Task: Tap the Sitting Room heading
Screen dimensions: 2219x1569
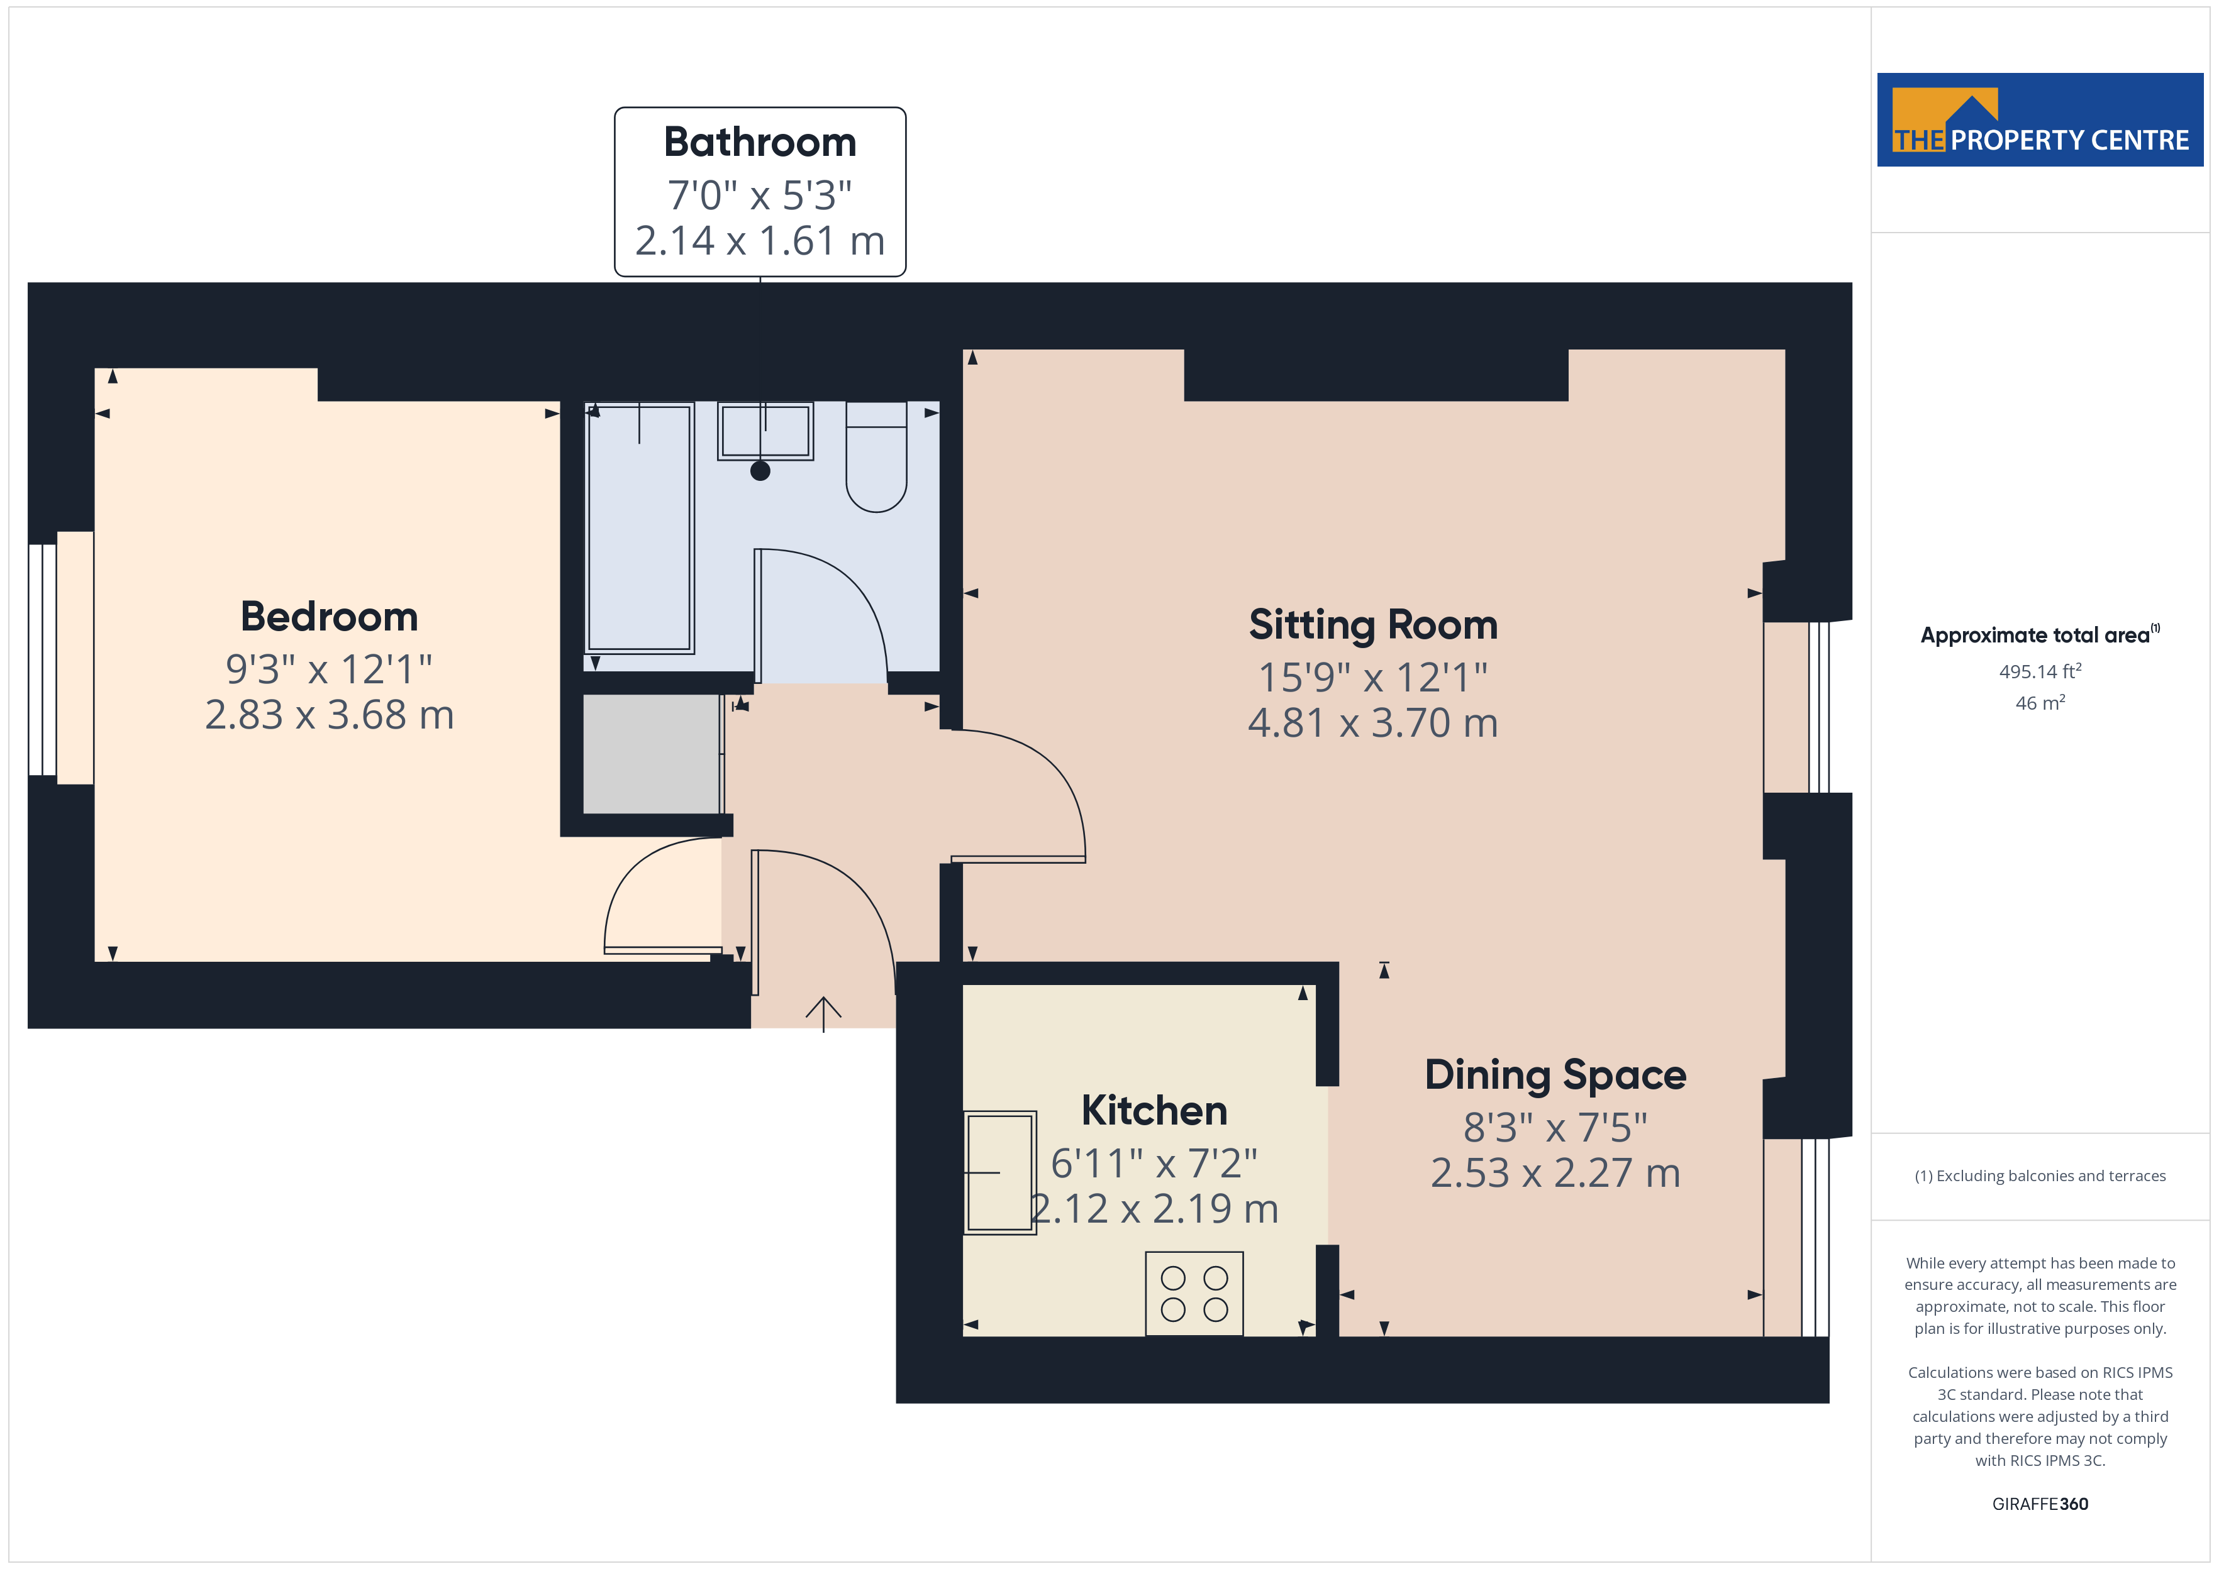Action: pyautogui.click(x=1372, y=625)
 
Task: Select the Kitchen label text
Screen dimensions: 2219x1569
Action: pyautogui.click(x=1154, y=1111)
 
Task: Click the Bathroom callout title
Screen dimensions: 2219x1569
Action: pyautogui.click(x=760, y=142)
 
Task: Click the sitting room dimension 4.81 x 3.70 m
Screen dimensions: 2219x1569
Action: pyautogui.click(x=1372, y=723)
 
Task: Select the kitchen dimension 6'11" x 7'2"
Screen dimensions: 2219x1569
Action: pyautogui.click(x=1154, y=1163)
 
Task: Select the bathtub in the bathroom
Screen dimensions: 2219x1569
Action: pyautogui.click(x=639, y=527)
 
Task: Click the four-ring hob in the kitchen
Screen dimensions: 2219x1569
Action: pyautogui.click(x=1194, y=1294)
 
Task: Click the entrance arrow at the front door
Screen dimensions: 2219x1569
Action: pyautogui.click(x=823, y=1013)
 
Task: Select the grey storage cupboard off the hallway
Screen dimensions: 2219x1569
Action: pyautogui.click(x=652, y=754)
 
